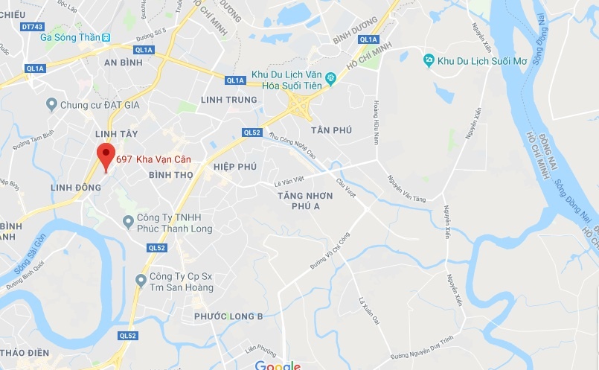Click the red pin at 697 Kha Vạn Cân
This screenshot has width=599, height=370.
tap(106, 155)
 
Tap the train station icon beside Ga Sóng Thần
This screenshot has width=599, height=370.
tap(106, 36)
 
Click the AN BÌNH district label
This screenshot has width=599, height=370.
tap(124, 63)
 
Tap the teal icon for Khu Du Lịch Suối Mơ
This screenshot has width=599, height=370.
tap(429, 60)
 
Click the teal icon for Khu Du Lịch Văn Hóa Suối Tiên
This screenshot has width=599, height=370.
tap(330, 75)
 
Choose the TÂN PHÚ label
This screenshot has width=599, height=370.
tap(332, 130)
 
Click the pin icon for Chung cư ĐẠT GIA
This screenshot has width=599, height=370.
tap(51, 104)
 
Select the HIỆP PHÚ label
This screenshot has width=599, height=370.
tap(234, 167)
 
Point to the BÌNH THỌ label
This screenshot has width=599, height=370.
tap(171, 175)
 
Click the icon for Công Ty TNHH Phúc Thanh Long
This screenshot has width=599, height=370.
tap(128, 221)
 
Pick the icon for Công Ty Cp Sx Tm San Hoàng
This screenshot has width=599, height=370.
tap(140, 280)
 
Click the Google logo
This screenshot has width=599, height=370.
tap(277, 366)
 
